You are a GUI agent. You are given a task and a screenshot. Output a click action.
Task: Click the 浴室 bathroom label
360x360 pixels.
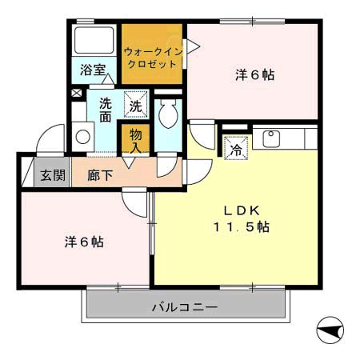[x=94, y=70]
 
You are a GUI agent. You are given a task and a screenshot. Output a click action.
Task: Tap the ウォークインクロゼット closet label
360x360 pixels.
[x=154, y=58]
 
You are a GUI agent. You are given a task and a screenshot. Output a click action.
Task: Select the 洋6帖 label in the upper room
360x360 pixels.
[x=254, y=74]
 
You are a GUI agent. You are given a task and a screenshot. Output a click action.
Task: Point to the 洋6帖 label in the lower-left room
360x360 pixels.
[x=83, y=241]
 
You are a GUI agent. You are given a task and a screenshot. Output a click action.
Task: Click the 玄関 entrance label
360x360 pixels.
[x=53, y=175]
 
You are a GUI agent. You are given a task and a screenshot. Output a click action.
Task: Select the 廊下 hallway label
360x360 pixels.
[x=99, y=175]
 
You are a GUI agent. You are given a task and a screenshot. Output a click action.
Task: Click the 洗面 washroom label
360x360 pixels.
[x=106, y=110]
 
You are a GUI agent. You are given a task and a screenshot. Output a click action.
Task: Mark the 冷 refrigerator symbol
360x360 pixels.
[x=236, y=149]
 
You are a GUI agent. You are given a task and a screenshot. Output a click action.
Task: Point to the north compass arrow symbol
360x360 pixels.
[x=330, y=328]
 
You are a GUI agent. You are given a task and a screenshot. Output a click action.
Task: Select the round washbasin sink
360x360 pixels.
[x=82, y=136]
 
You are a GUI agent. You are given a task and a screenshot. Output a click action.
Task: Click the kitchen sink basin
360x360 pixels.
[x=270, y=137]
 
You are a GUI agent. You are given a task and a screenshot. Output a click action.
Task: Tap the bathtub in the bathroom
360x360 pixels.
[x=94, y=42]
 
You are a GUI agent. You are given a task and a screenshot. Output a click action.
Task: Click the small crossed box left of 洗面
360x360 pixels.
[x=76, y=93]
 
